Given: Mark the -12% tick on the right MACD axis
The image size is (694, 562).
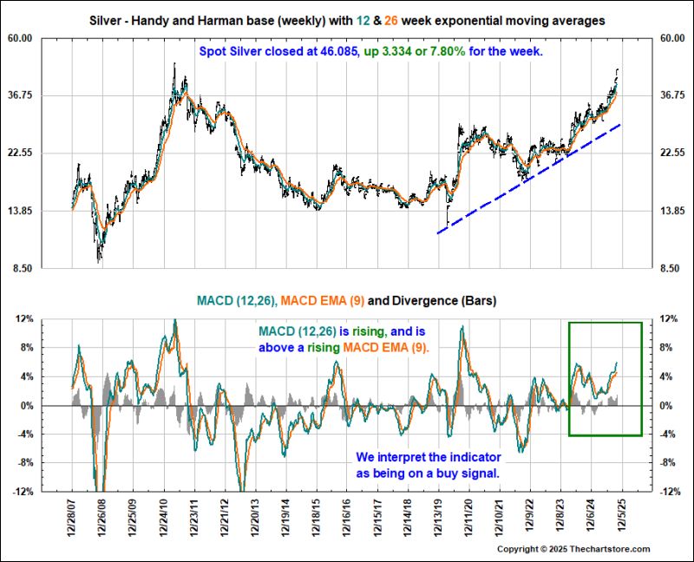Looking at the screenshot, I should (x=670, y=492).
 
